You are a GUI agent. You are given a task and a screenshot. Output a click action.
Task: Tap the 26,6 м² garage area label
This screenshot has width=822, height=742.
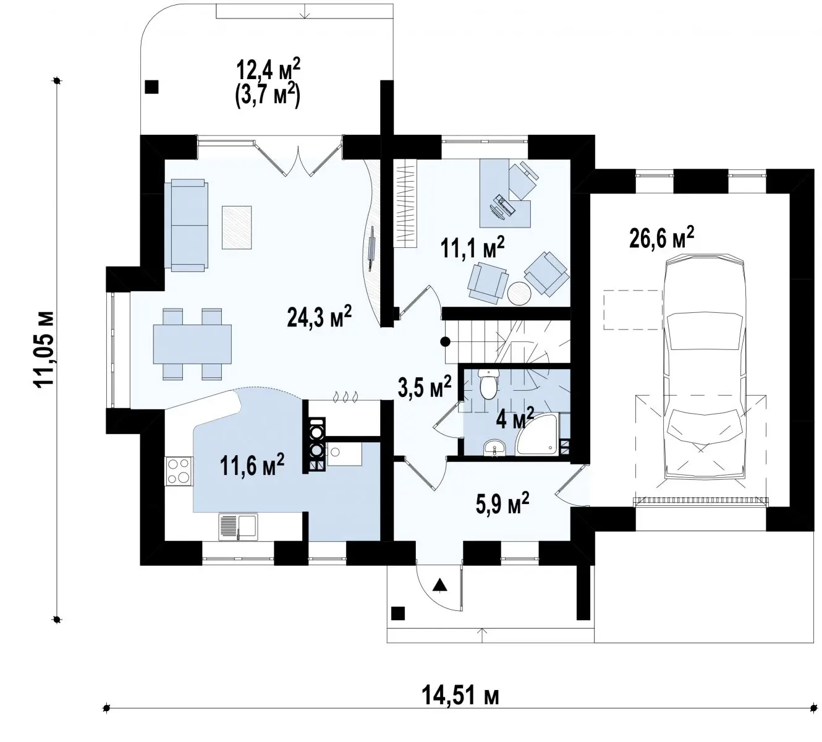[662, 238]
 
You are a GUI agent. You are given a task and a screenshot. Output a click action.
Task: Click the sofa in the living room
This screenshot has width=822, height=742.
[187, 225]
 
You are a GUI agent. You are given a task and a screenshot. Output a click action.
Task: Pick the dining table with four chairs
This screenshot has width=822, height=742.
[192, 344]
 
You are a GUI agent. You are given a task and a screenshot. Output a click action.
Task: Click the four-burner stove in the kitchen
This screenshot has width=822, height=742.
[179, 471]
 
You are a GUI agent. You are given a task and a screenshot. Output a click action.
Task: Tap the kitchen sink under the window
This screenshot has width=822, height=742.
[238, 527]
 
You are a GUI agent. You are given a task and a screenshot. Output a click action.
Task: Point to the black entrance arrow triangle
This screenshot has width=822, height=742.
[439, 585]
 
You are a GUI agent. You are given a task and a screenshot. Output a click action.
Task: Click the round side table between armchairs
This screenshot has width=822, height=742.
[519, 293]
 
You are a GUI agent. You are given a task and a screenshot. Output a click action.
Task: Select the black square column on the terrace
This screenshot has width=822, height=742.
[151, 87]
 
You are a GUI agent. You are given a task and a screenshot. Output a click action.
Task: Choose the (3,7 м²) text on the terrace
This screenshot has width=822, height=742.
[268, 98]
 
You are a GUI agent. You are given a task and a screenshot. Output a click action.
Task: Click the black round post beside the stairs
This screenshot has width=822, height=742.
[445, 341]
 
